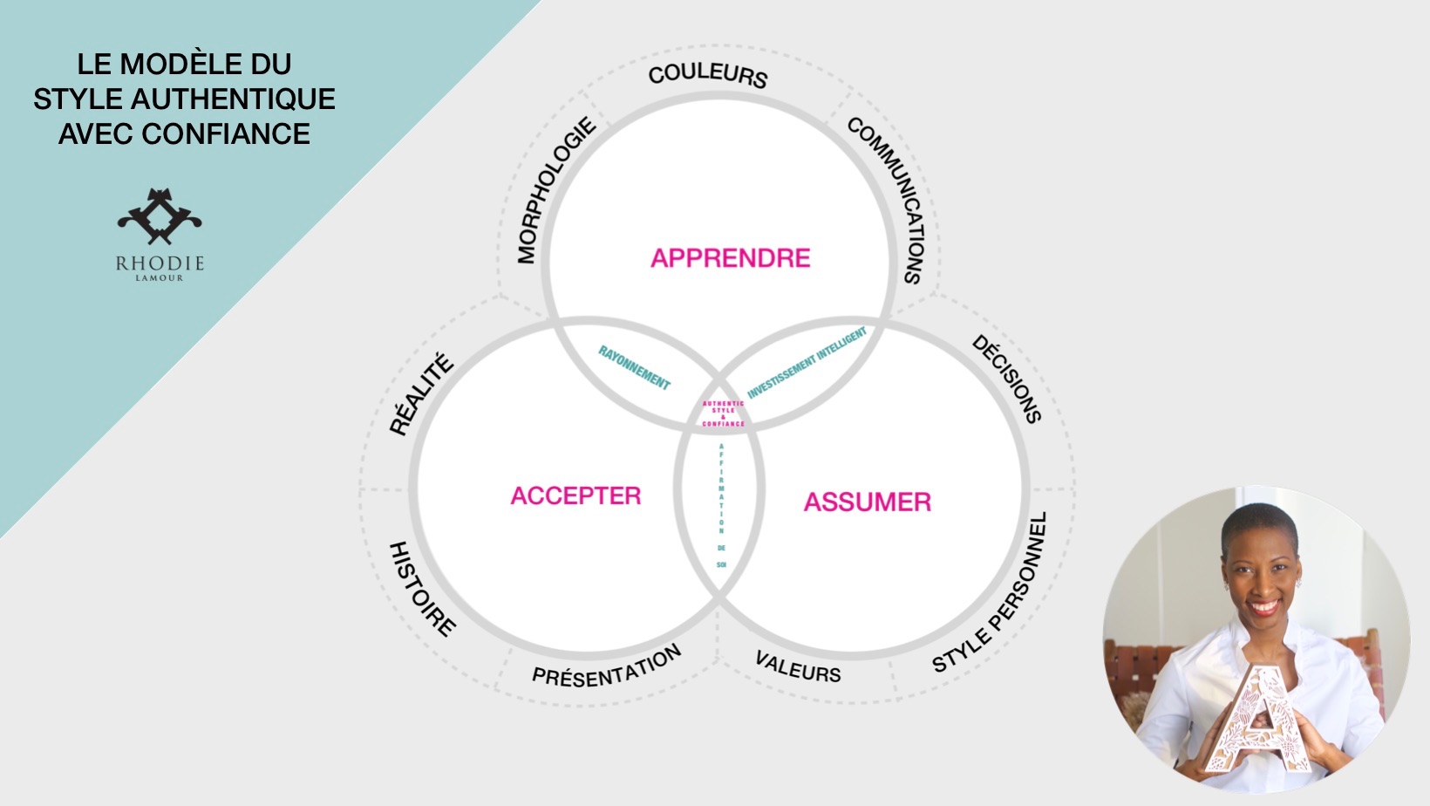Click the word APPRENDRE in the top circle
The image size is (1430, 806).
click(731, 258)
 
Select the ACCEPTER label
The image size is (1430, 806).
click(575, 496)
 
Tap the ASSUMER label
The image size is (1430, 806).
click(868, 502)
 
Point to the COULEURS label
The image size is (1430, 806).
click(708, 75)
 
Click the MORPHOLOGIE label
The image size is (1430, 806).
click(555, 190)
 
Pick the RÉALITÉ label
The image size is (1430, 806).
click(422, 393)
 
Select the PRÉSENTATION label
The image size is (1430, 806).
click(607, 666)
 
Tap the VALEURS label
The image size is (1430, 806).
click(798, 667)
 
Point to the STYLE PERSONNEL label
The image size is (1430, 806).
click(991, 593)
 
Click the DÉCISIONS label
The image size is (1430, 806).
click(1007, 379)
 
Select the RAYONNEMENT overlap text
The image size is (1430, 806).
click(634, 367)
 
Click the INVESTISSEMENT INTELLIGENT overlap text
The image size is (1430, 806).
click(807, 362)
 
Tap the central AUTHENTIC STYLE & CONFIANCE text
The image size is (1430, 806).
click(724, 413)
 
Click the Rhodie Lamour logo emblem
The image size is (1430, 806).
click(160, 217)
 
